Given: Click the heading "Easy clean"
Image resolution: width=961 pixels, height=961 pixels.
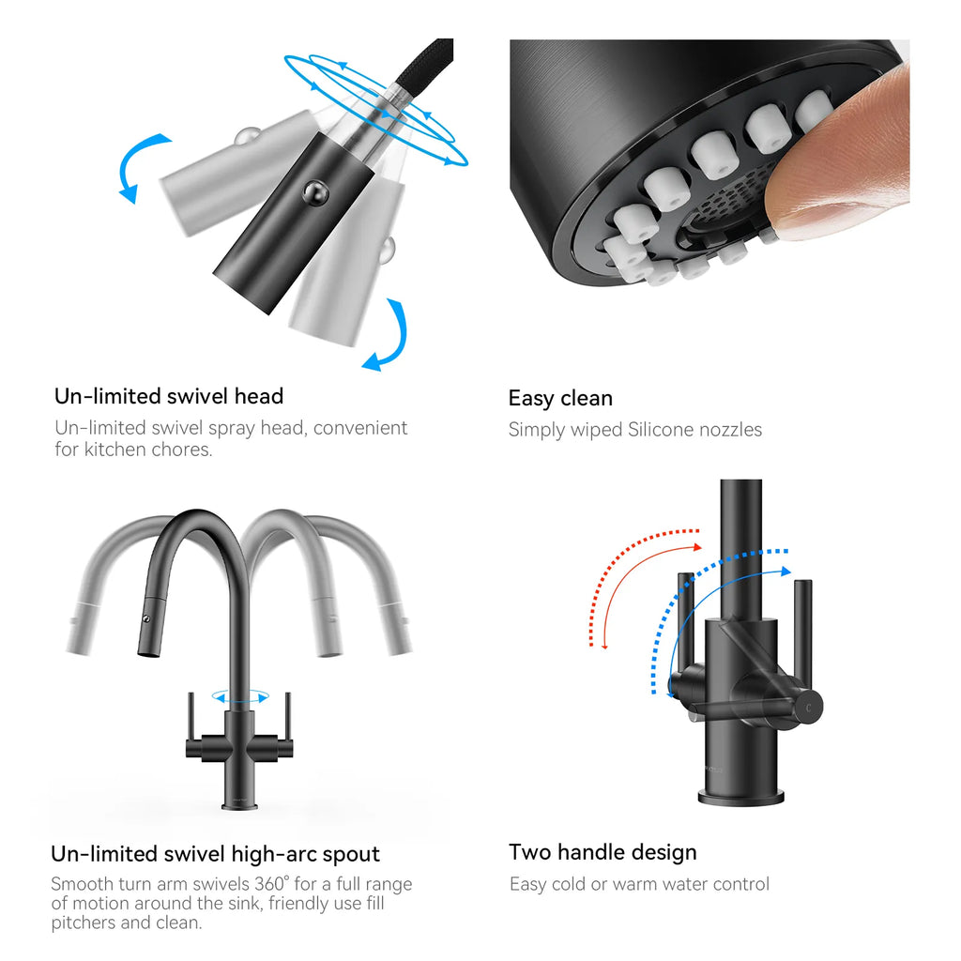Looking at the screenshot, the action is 560,398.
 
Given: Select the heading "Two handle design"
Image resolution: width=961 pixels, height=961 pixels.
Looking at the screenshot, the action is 603,852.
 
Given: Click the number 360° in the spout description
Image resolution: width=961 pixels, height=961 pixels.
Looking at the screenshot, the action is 271,883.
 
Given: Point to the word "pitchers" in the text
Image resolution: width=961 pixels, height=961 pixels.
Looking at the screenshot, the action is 84,923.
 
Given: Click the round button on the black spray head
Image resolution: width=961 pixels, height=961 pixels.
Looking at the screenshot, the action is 315,193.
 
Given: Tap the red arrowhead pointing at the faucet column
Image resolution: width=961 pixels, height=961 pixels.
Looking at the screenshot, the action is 696,547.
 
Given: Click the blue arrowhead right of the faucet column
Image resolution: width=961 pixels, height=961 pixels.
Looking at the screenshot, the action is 786,572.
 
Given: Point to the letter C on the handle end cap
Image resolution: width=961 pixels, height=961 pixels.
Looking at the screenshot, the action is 808,709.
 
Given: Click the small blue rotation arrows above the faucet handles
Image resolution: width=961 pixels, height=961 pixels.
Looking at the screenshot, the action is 240,697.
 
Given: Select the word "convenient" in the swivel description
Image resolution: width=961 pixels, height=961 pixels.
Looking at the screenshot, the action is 359,428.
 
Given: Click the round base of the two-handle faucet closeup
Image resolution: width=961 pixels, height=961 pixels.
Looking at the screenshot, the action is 741,798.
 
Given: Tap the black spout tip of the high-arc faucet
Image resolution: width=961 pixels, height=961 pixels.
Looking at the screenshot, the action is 148,652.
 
